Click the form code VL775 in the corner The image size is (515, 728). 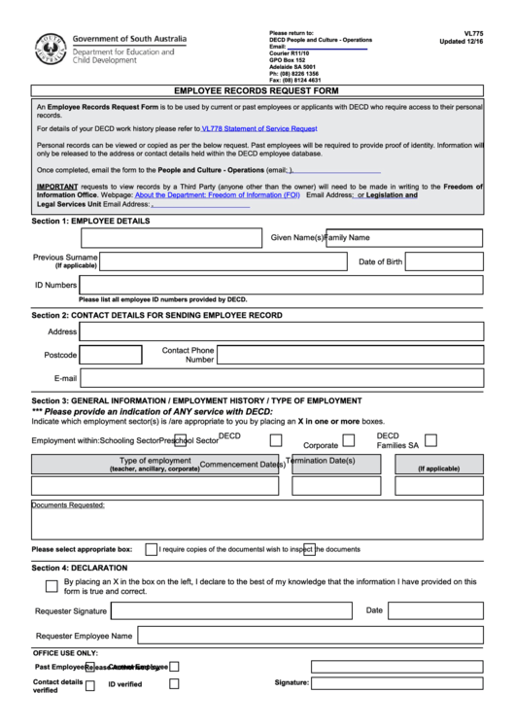coord(473,32)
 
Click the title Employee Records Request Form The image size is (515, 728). coord(257,89)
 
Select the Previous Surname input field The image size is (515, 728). coord(209,260)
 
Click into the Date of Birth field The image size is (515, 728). coord(443,261)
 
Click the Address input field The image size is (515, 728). coord(280,331)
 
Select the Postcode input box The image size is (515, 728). coord(109,355)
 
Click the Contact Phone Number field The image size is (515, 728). coord(349,355)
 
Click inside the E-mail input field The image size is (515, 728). coord(280,378)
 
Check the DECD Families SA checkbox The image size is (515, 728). coord(430,440)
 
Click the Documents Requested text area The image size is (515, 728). coord(257,520)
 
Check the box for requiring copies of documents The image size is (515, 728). coord(151,549)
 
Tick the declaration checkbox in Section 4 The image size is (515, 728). coord(51,585)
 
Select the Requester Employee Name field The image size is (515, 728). coord(309,636)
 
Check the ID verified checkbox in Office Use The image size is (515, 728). coord(174,683)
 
